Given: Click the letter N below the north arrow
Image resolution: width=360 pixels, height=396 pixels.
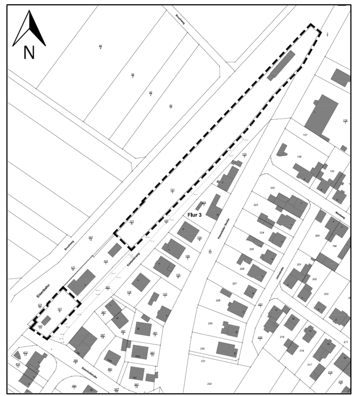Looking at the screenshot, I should tap(29, 52).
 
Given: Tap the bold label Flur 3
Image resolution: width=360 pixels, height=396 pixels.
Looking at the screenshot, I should tap(195, 215).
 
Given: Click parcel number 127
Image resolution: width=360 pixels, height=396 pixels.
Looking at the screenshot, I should tap(306, 135).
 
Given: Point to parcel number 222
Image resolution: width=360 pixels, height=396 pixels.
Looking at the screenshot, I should tap(272, 188).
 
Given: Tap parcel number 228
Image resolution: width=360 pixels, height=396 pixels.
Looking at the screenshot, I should tap(218, 301).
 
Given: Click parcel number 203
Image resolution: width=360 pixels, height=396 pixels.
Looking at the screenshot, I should tap(326, 294).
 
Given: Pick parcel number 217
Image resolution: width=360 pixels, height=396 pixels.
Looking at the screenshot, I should tap(309, 364).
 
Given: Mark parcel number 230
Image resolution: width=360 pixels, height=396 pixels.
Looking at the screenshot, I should tap(202, 348).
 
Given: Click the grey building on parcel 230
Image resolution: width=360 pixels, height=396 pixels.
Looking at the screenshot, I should tap(227, 349).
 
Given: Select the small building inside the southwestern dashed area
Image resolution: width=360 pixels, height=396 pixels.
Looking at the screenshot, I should tap(47, 321).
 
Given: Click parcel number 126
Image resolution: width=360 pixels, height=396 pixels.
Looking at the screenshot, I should tap(299, 157).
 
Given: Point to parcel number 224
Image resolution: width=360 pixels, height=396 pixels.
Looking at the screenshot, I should tap(262, 233).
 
